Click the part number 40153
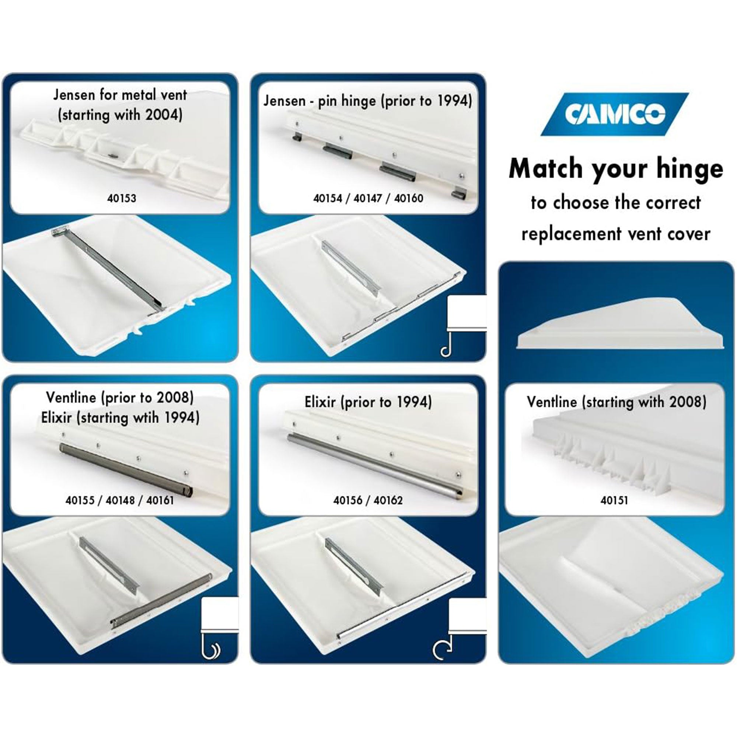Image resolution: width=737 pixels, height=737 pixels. click(x=121, y=198)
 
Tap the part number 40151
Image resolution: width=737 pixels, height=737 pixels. click(x=614, y=500)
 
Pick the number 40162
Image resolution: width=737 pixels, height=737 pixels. click(x=388, y=500)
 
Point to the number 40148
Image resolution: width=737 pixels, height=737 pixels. click(x=120, y=500)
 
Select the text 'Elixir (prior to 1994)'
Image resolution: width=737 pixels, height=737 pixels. click(x=368, y=402)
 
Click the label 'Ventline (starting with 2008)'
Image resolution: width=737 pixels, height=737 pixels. click(x=617, y=402)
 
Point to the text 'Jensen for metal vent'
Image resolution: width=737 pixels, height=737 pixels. click(x=120, y=95)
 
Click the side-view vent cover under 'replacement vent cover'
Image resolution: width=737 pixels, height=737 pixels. click(x=620, y=324)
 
